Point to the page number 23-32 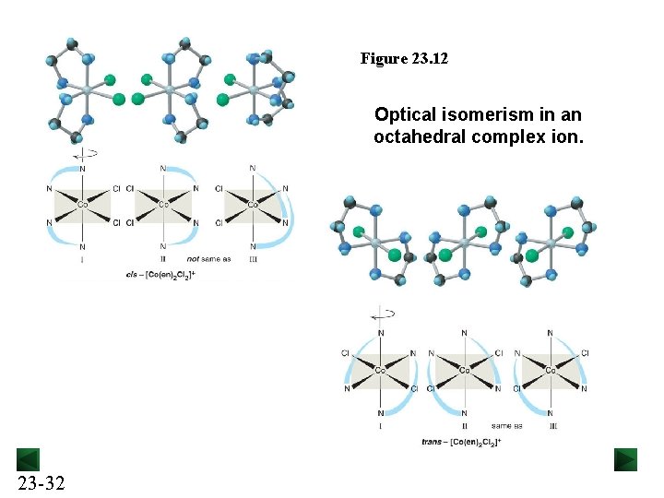tap(41, 482)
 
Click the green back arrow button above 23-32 tap(28, 459)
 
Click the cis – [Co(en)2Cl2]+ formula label tap(161, 275)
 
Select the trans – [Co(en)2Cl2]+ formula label tap(460, 443)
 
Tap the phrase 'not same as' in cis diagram tap(209, 258)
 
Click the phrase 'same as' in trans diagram tap(506, 426)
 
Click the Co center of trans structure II tap(464, 371)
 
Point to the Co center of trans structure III tap(551, 371)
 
